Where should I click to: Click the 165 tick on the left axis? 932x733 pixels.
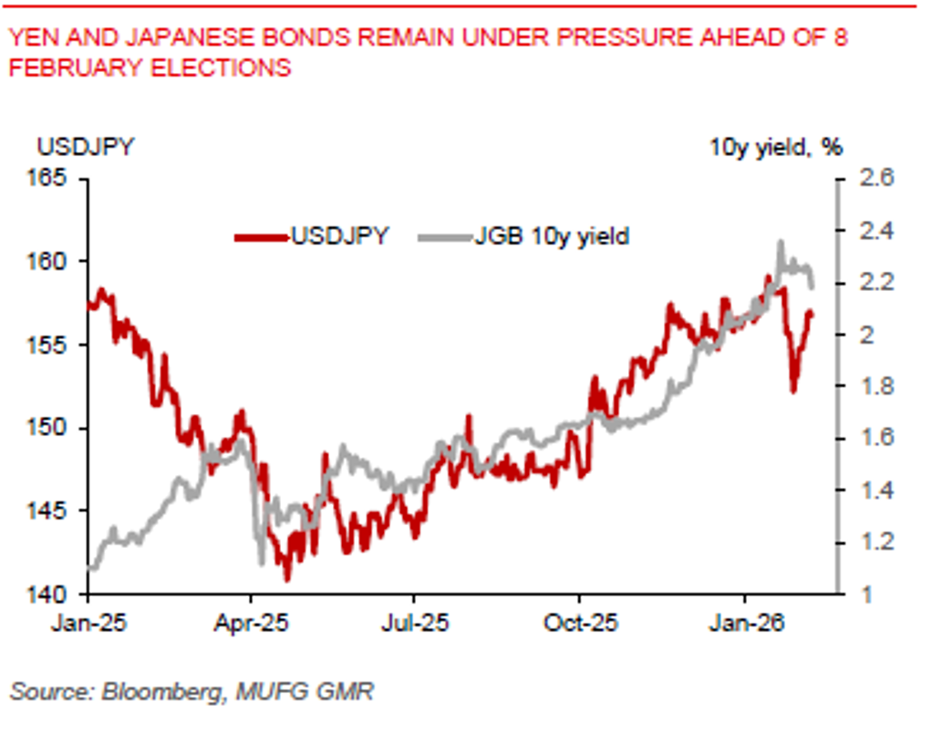click(x=61, y=177)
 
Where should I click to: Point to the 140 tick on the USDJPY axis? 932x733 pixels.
click(x=61, y=594)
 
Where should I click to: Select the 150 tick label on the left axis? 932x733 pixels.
click(x=61, y=428)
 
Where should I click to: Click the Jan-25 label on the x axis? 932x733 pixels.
click(x=88, y=624)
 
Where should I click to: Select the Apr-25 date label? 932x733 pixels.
click(x=252, y=624)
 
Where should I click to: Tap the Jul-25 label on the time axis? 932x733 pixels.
click(x=415, y=624)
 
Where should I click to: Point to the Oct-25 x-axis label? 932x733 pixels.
click(x=581, y=624)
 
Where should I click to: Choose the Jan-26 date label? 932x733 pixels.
click(x=746, y=624)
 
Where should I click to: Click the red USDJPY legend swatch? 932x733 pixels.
click(x=261, y=237)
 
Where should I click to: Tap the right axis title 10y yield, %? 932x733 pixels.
click(x=776, y=147)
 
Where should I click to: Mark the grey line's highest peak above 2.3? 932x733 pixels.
click(x=781, y=242)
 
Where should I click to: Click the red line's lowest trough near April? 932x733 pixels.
click(x=286, y=579)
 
